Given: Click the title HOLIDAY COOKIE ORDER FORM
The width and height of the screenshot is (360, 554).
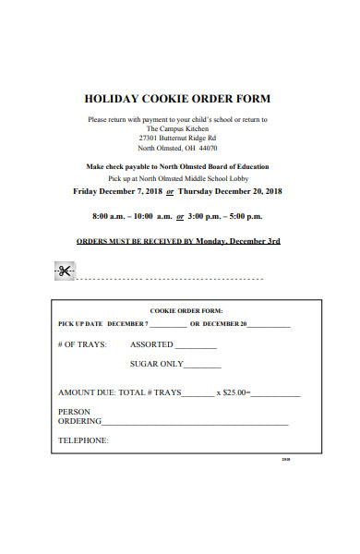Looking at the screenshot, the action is pos(178,99).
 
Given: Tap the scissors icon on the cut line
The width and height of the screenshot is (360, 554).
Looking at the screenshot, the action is pos(64,271).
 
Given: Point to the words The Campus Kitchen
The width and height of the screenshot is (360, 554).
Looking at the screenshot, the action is pos(177,128).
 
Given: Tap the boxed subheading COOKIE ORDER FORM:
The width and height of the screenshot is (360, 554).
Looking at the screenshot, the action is pos(186,311).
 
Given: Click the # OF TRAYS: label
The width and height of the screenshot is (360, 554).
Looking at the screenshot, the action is pos(82,344).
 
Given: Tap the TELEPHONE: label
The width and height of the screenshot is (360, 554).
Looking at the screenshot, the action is pos(83,440).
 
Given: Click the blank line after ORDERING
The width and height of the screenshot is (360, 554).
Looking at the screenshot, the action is pos(195,423).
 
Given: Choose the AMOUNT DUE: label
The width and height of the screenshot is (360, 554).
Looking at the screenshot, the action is pos(86,392).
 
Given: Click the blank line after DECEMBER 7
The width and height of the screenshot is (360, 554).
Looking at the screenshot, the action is pos(167,326).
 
